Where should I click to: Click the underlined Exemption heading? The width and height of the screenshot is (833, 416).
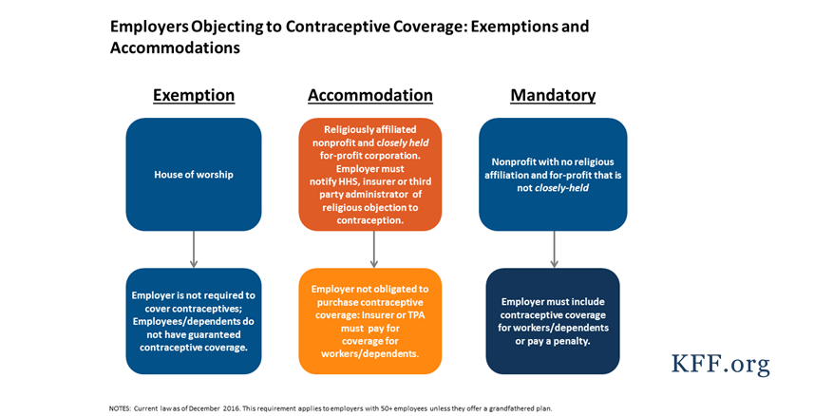point(194,96)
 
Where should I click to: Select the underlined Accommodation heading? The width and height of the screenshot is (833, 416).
point(369,96)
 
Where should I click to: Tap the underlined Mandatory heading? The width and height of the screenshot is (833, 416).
point(553,96)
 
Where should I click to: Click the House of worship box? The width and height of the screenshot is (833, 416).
point(194,175)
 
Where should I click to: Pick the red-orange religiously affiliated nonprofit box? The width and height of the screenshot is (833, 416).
point(369,175)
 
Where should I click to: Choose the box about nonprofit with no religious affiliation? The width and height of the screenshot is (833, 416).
point(553,175)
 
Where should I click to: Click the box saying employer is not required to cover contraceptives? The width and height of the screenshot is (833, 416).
point(194,321)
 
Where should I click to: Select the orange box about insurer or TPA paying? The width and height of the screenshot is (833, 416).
point(369,321)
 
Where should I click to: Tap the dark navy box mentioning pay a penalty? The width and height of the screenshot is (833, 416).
point(553,321)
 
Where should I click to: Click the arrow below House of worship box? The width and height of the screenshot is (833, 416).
point(194,249)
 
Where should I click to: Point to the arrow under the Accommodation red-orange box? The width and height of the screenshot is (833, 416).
point(373,249)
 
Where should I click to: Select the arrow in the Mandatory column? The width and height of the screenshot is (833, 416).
point(554,249)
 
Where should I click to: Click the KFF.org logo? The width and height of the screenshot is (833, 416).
point(719,364)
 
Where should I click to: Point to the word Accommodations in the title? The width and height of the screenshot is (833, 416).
point(175,47)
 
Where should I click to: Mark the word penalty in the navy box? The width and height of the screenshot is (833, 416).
point(572,341)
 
